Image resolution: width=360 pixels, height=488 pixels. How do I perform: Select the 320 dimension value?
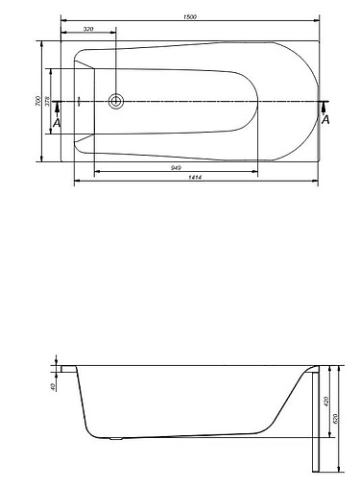pyautogui.click(x=88, y=30)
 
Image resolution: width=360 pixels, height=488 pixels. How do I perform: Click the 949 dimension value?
pyautogui.click(x=177, y=168)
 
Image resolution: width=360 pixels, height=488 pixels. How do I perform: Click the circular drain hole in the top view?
pyautogui.click(x=117, y=101)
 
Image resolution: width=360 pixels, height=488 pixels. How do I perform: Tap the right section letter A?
pyautogui.click(x=326, y=120)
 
